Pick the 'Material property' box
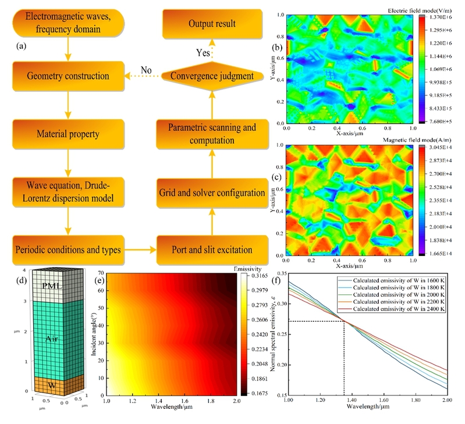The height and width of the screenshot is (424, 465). point(68,134)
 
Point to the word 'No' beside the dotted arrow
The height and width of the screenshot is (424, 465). point(146,70)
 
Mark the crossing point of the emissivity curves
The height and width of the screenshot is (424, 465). point(344,321)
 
